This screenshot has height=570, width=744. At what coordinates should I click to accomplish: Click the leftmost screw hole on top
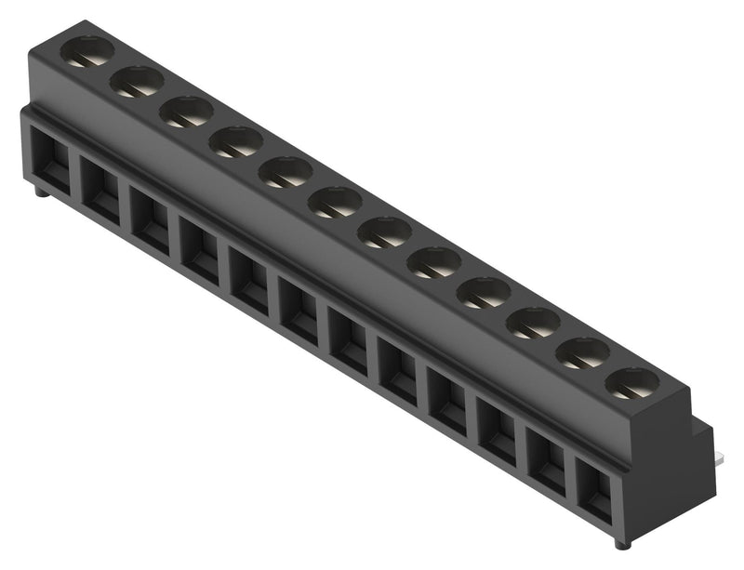pos(87,50)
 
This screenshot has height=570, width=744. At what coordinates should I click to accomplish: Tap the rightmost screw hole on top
pos(631,382)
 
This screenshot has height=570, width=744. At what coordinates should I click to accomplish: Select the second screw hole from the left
pos(137,81)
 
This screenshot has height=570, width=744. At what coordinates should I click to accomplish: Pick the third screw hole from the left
pos(186,112)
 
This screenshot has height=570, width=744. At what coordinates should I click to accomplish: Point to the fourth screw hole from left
pos(235,141)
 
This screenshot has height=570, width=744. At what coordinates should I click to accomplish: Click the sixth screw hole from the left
pos(335,202)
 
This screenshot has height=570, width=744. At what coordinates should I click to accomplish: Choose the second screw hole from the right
pos(583,352)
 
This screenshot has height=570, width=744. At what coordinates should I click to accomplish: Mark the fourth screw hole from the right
pos(484,292)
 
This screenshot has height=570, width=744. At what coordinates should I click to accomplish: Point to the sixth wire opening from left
pos(299,312)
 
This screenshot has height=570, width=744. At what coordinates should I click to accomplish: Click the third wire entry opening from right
pos(497,431)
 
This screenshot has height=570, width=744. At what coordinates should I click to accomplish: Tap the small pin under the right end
pos(621,543)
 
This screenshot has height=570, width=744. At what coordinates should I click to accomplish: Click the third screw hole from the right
pos(534,322)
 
